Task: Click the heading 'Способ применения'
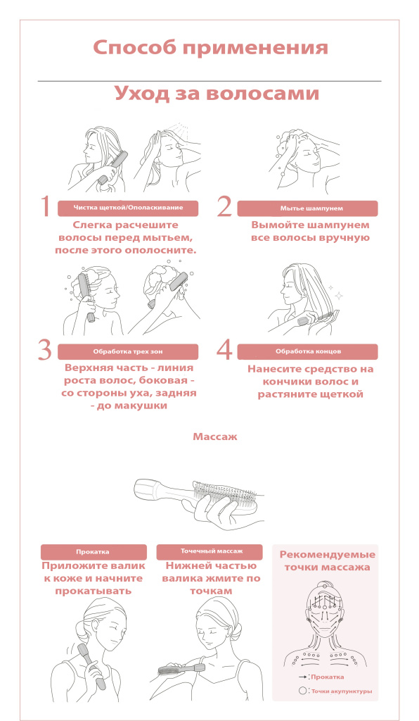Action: tap(210, 48)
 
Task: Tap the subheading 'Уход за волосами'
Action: tap(217, 93)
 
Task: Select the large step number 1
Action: tap(45, 206)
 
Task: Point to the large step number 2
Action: tap(224, 206)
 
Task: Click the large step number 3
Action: tap(45, 351)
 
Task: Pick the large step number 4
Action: tap(224, 350)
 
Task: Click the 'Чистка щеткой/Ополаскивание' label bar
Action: tap(128, 208)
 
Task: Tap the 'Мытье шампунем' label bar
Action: tap(307, 208)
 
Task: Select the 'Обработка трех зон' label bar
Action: tap(128, 352)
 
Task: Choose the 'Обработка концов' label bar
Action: tap(307, 352)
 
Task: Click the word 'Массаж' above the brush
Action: tap(215, 437)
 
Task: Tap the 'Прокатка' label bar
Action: tap(94, 552)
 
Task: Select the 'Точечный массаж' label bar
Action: tap(209, 552)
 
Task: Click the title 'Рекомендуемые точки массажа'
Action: tap(327, 561)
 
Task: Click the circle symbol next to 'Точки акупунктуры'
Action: tap(302, 691)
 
